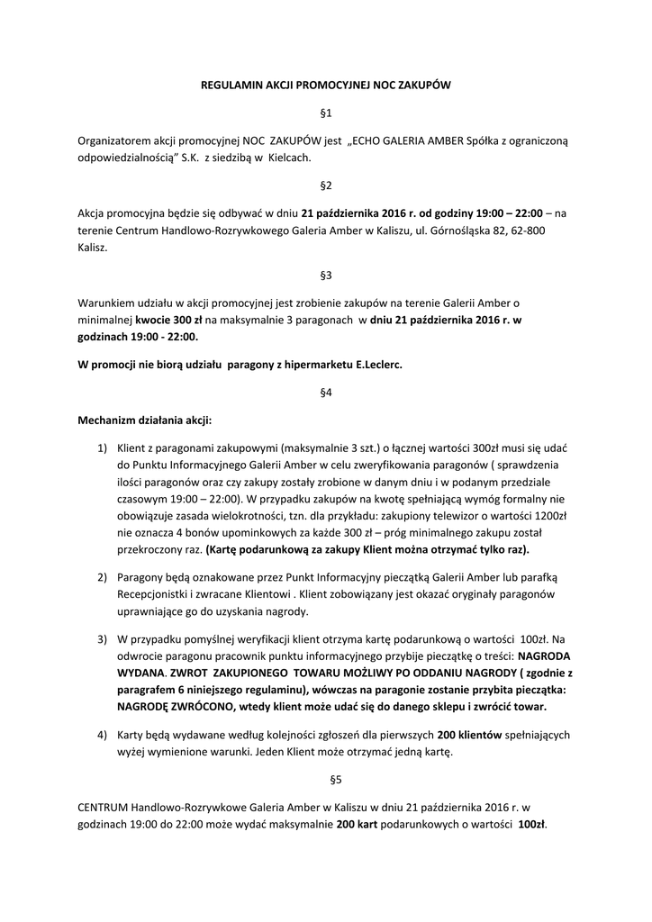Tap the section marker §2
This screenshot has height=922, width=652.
point(326,185)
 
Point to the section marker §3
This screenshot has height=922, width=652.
point(326,274)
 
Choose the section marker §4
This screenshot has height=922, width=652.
point(326,393)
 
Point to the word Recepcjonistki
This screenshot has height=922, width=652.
point(158,596)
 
